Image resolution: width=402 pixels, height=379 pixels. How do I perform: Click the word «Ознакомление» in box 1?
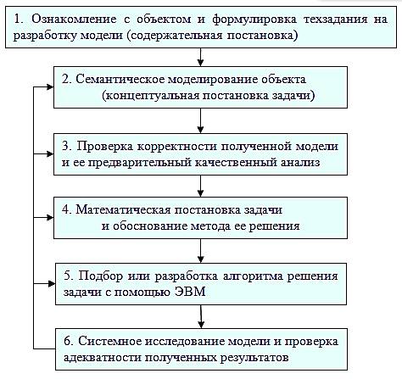pos(74,20)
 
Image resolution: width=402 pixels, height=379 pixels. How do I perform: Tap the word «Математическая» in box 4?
pos(123,210)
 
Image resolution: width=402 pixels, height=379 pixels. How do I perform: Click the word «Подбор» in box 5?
pos(100,276)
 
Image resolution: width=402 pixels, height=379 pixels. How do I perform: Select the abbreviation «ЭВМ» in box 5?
pos(190,292)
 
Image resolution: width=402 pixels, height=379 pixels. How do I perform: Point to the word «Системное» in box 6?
pos(110,342)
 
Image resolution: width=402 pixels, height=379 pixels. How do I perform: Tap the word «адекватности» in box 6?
pos(102,358)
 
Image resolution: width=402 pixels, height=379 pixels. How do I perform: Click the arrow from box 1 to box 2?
pos(200,57)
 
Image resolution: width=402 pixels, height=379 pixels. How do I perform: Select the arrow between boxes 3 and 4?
pos(200,186)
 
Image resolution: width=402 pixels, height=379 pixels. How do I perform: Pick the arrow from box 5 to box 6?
pos(201,316)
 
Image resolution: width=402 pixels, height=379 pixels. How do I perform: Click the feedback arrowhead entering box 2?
pos(50,87)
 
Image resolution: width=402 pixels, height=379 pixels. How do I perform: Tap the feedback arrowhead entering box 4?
pos(50,218)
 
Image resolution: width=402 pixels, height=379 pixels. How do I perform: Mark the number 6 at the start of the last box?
pos(67,342)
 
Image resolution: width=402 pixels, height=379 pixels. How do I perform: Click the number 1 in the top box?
pos(18,20)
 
